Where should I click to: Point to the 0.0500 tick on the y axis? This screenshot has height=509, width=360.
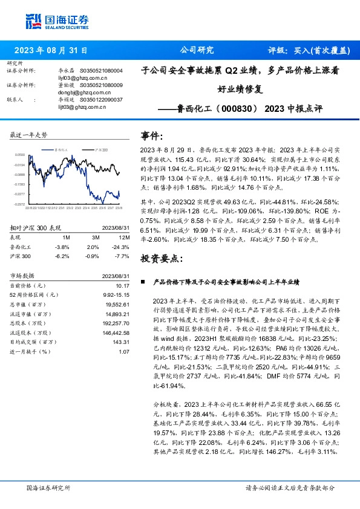pyautogui.click(x=20, y=155)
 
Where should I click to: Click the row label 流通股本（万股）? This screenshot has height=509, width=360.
pyautogui.click(x=37, y=332)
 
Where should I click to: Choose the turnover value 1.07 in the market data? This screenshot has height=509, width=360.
pyautogui.click(x=124, y=351)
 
